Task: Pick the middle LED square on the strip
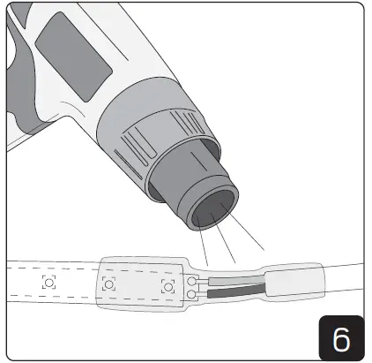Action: tap(109, 284)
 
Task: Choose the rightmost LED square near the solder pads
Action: tap(167, 286)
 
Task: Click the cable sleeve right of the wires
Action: tap(295, 283)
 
